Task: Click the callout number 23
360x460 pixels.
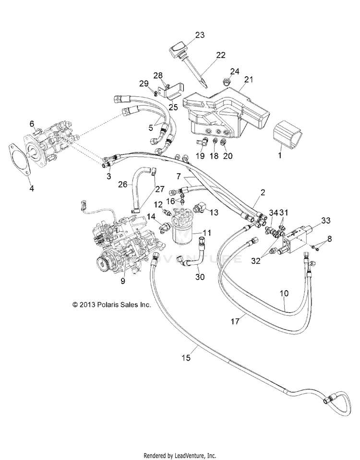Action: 200,35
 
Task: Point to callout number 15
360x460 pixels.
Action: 186,358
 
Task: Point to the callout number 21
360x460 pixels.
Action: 249,79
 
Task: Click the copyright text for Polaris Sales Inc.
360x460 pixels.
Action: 111,305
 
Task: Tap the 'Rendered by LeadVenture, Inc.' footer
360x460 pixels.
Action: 180,456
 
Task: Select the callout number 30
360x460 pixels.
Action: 200,277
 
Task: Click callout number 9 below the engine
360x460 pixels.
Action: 123,281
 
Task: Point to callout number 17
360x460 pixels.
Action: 235,321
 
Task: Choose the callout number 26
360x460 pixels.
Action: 123,185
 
